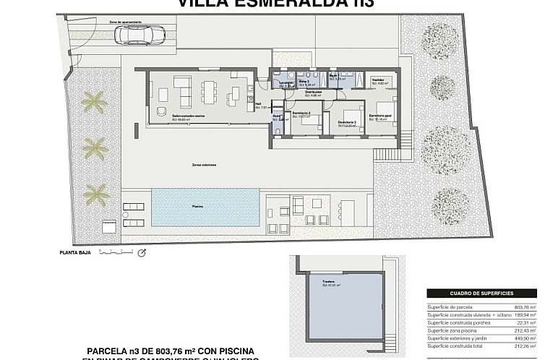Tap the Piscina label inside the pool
coord(197,206)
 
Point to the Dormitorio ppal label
coord(380,116)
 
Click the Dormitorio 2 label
coord(347,122)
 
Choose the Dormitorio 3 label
coord(301,113)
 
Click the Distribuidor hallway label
coord(312,93)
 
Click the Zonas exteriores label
coord(205,164)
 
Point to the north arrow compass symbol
coord(142,252)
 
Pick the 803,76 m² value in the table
coord(524,307)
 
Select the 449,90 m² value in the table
coord(524,338)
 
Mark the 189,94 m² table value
coord(524,315)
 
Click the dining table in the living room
coord(210,90)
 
